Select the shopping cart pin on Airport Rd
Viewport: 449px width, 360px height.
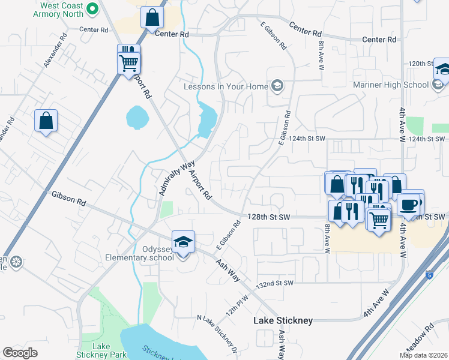tap(129, 62)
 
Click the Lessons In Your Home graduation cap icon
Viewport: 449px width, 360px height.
tap(277, 86)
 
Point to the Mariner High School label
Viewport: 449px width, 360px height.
tap(399, 85)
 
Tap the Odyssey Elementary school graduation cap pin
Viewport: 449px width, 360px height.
tap(183, 242)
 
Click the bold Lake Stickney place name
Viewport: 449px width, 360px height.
tap(283, 320)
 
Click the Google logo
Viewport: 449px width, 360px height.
tap(20, 353)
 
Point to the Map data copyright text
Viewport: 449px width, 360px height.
tap(423, 355)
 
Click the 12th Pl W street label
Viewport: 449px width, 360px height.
tap(237, 307)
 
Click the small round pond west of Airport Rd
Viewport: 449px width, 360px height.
tap(136, 117)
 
